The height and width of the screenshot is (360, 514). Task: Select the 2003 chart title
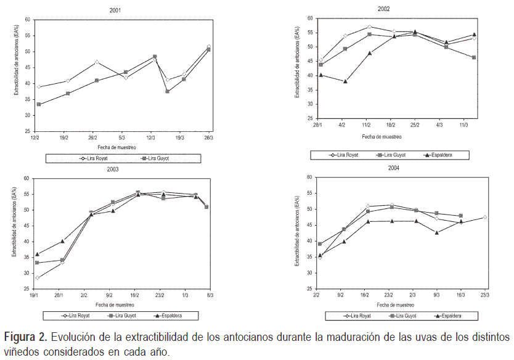click(x=129, y=169)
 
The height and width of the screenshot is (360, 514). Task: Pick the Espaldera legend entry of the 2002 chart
click(x=437, y=155)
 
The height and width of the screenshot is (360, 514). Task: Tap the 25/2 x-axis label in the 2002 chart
click(x=415, y=125)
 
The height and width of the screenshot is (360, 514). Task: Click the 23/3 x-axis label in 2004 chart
click(x=486, y=295)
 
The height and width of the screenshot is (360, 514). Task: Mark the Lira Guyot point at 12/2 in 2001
click(x=39, y=105)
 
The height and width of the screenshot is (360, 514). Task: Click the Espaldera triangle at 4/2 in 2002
click(x=345, y=81)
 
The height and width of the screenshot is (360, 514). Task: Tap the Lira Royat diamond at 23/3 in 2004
click(x=486, y=217)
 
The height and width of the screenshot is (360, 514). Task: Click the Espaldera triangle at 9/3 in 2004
click(x=437, y=232)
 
